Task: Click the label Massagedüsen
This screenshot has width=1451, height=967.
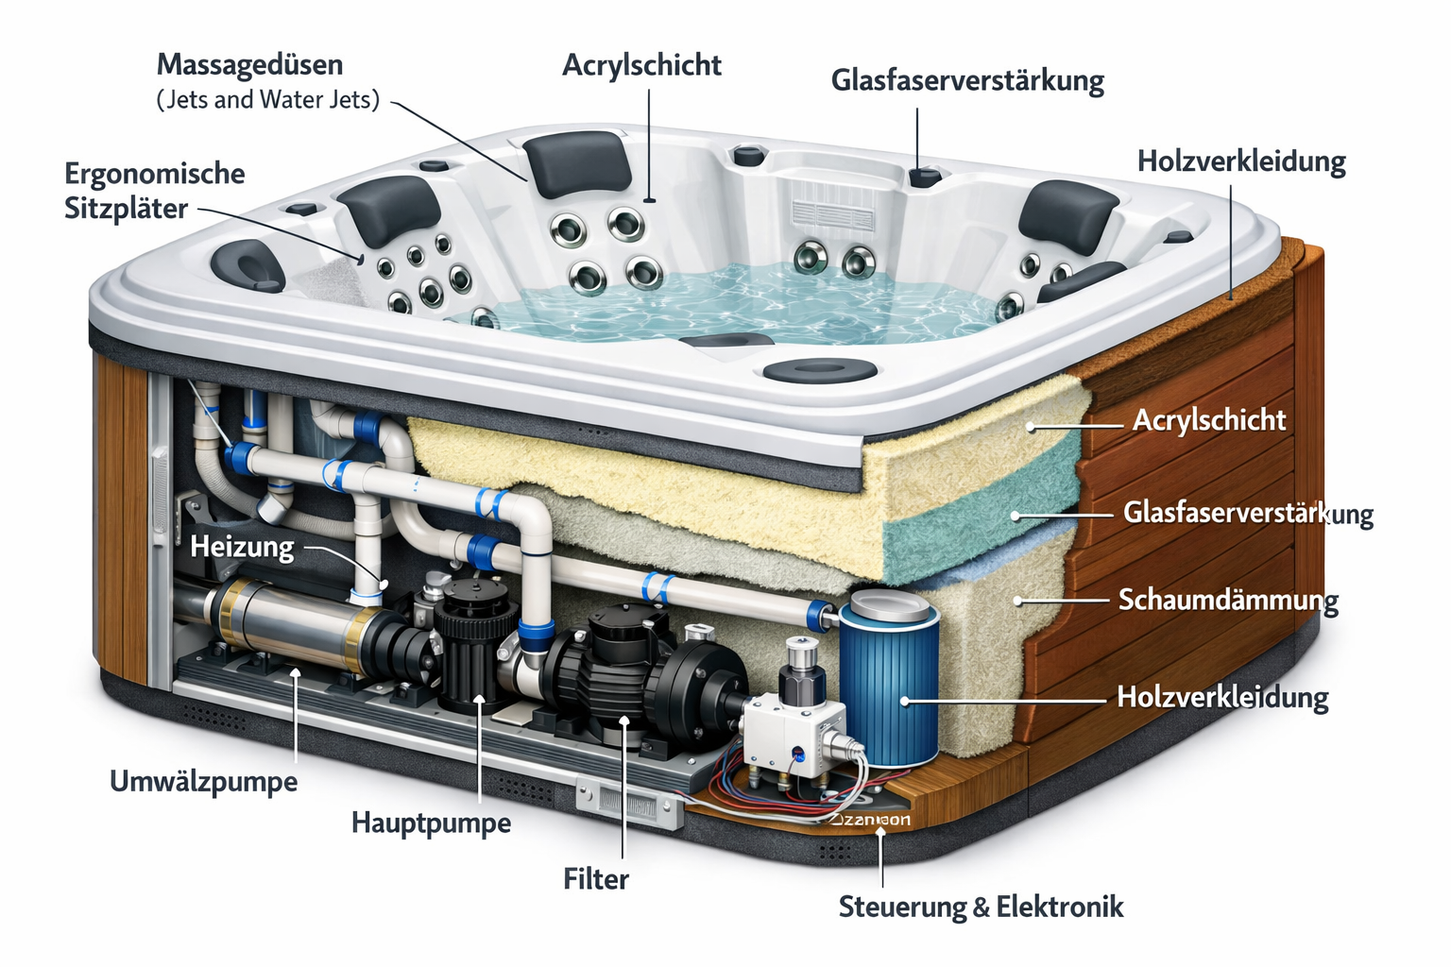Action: click(249, 65)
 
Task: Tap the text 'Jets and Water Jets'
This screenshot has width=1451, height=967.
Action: click(267, 99)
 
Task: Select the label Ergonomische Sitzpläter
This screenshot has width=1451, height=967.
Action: click(154, 191)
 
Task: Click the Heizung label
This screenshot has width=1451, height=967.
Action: click(242, 547)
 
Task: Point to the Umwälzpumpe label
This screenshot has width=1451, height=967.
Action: click(203, 782)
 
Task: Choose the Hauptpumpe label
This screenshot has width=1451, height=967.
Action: click(431, 823)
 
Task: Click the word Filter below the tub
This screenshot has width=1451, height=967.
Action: click(595, 879)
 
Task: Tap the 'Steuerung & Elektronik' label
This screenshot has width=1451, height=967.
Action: click(981, 908)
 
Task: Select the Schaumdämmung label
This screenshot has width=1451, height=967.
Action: click(1228, 601)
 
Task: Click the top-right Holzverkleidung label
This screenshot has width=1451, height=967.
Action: click(1240, 161)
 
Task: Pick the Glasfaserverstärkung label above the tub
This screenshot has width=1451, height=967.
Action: click(967, 80)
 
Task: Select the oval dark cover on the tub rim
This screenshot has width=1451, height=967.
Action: click(806, 370)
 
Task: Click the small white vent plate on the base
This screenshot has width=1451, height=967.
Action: click(628, 805)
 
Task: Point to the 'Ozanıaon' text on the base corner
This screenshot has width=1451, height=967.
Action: click(870, 819)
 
